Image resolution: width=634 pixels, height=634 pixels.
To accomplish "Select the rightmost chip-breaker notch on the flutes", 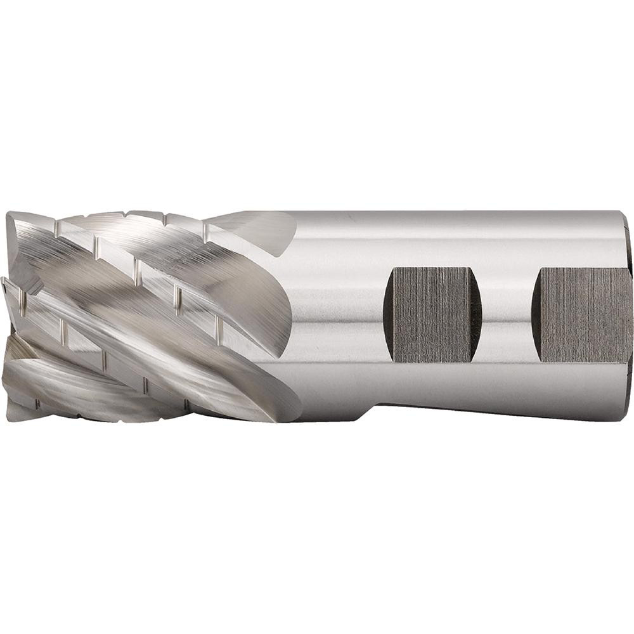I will tap(219, 327).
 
